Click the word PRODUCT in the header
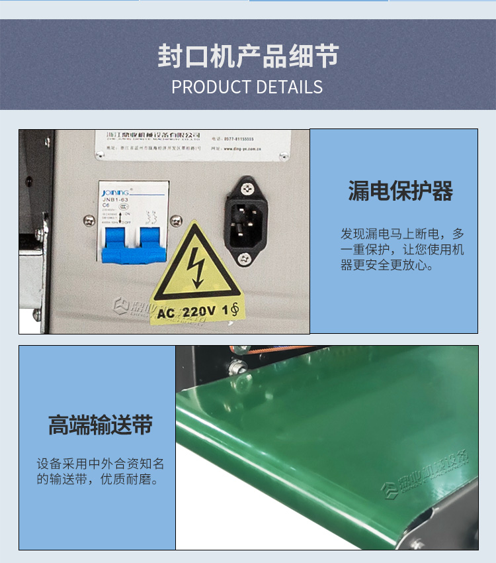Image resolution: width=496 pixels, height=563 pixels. tap(210, 87)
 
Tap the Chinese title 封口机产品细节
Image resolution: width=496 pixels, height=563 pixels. tap(248, 56)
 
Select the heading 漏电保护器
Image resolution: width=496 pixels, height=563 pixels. tap(400, 191)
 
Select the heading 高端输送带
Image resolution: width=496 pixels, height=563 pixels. tap(100, 425)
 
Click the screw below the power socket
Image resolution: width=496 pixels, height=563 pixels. tap(245, 258)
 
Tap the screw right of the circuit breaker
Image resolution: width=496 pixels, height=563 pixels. tap(175, 221)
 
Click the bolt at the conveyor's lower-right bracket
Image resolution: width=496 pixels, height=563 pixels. tap(417, 543)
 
